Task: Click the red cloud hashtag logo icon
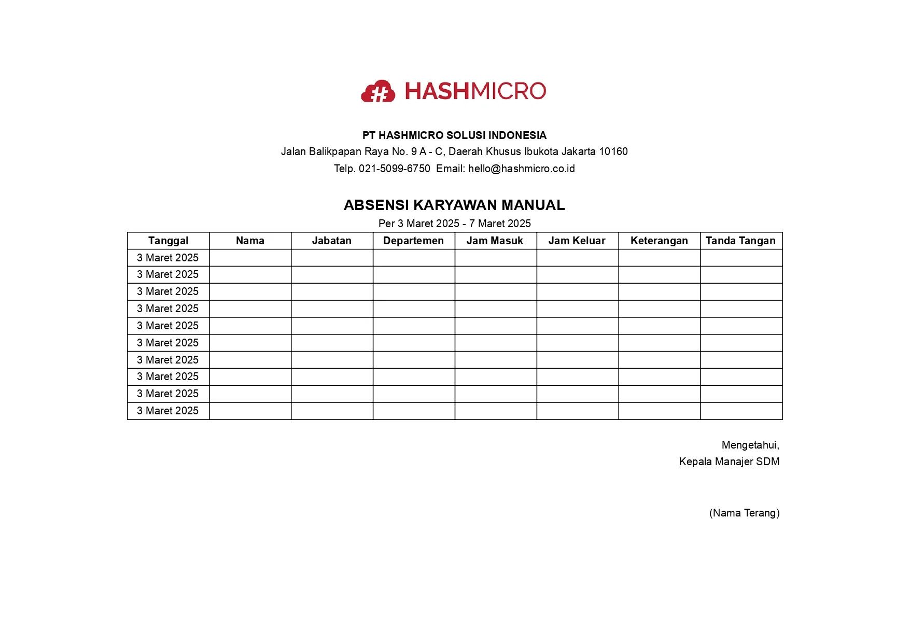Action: point(378,91)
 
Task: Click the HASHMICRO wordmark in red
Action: point(475,91)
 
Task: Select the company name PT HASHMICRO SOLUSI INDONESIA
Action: point(454,135)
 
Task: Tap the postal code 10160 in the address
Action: point(613,151)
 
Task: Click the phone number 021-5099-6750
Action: point(394,169)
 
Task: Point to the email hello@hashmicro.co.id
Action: point(521,169)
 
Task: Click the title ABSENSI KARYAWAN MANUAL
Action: point(454,205)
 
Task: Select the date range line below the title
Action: point(454,223)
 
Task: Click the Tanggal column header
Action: point(168,241)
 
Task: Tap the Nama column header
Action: point(250,241)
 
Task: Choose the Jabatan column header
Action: point(332,241)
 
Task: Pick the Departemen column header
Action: point(413,241)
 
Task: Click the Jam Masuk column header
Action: point(495,241)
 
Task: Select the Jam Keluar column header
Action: point(577,241)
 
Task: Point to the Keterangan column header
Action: point(659,241)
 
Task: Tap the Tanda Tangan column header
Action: point(740,241)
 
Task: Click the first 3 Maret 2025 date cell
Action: point(167,258)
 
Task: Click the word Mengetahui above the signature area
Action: point(750,445)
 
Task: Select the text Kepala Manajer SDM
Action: point(729,462)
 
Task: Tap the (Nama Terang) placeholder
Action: point(744,513)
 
